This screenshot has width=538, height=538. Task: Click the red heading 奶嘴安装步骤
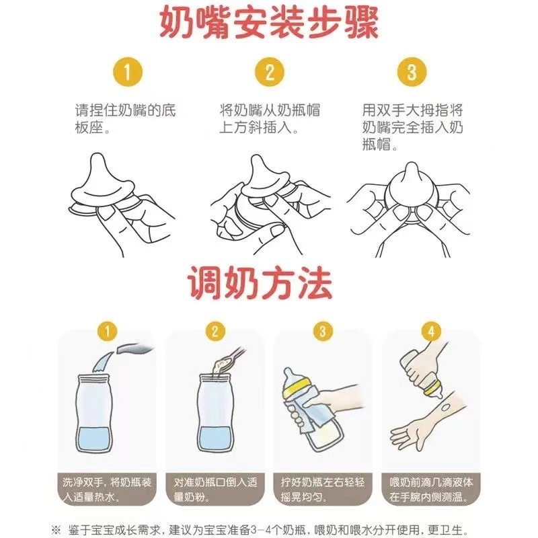(270, 23)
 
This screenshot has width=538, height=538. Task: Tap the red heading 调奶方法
(260, 283)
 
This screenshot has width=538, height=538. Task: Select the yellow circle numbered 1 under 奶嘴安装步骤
(128, 72)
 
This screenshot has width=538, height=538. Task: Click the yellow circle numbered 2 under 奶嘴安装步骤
(270, 72)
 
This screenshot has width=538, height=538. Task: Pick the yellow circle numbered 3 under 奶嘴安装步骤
(412, 72)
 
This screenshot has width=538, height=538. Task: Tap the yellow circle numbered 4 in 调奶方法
(431, 332)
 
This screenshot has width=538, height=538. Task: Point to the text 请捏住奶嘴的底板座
(126, 119)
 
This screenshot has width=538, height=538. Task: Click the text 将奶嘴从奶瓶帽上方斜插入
(270, 119)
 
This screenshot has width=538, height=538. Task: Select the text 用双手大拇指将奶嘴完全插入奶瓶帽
(413, 127)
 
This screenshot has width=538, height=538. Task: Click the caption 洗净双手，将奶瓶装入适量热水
(107, 490)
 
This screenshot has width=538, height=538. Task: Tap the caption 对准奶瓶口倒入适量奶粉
(215, 490)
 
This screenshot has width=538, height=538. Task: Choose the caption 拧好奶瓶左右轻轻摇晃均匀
(323, 490)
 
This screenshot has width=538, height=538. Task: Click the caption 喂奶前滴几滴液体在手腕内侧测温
(431, 490)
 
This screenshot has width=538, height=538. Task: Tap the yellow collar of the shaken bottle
(297, 387)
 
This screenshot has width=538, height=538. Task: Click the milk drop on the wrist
(446, 407)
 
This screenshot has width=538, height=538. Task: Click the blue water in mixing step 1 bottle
(93, 439)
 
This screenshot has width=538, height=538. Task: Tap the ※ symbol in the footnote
(56, 529)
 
